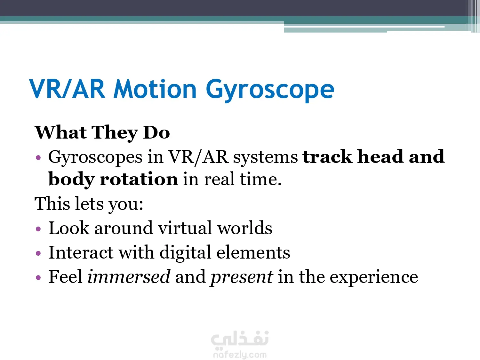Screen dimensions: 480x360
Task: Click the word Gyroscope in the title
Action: coord(270,90)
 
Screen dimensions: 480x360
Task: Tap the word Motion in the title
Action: coord(155,89)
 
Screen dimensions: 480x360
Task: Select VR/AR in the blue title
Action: coord(67,89)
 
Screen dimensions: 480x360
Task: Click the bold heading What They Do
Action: coord(102,133)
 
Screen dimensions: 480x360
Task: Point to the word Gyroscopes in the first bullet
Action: coord(95,157)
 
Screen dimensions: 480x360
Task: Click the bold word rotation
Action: coord(139,179)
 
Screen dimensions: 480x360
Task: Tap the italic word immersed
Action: coord(129,277)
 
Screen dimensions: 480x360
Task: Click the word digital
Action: coord(185,253)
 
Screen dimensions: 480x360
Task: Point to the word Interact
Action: coord(81,252)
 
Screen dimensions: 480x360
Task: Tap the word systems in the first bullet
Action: coord(266,157)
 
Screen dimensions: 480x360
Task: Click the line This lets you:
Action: coord(89,204)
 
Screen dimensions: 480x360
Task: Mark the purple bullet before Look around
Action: coord(38,229)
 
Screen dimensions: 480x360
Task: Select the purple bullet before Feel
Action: coord(38,277)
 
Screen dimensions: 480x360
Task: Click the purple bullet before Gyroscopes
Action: coord(38,157)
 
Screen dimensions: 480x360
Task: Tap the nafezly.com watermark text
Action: coord(240,355)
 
